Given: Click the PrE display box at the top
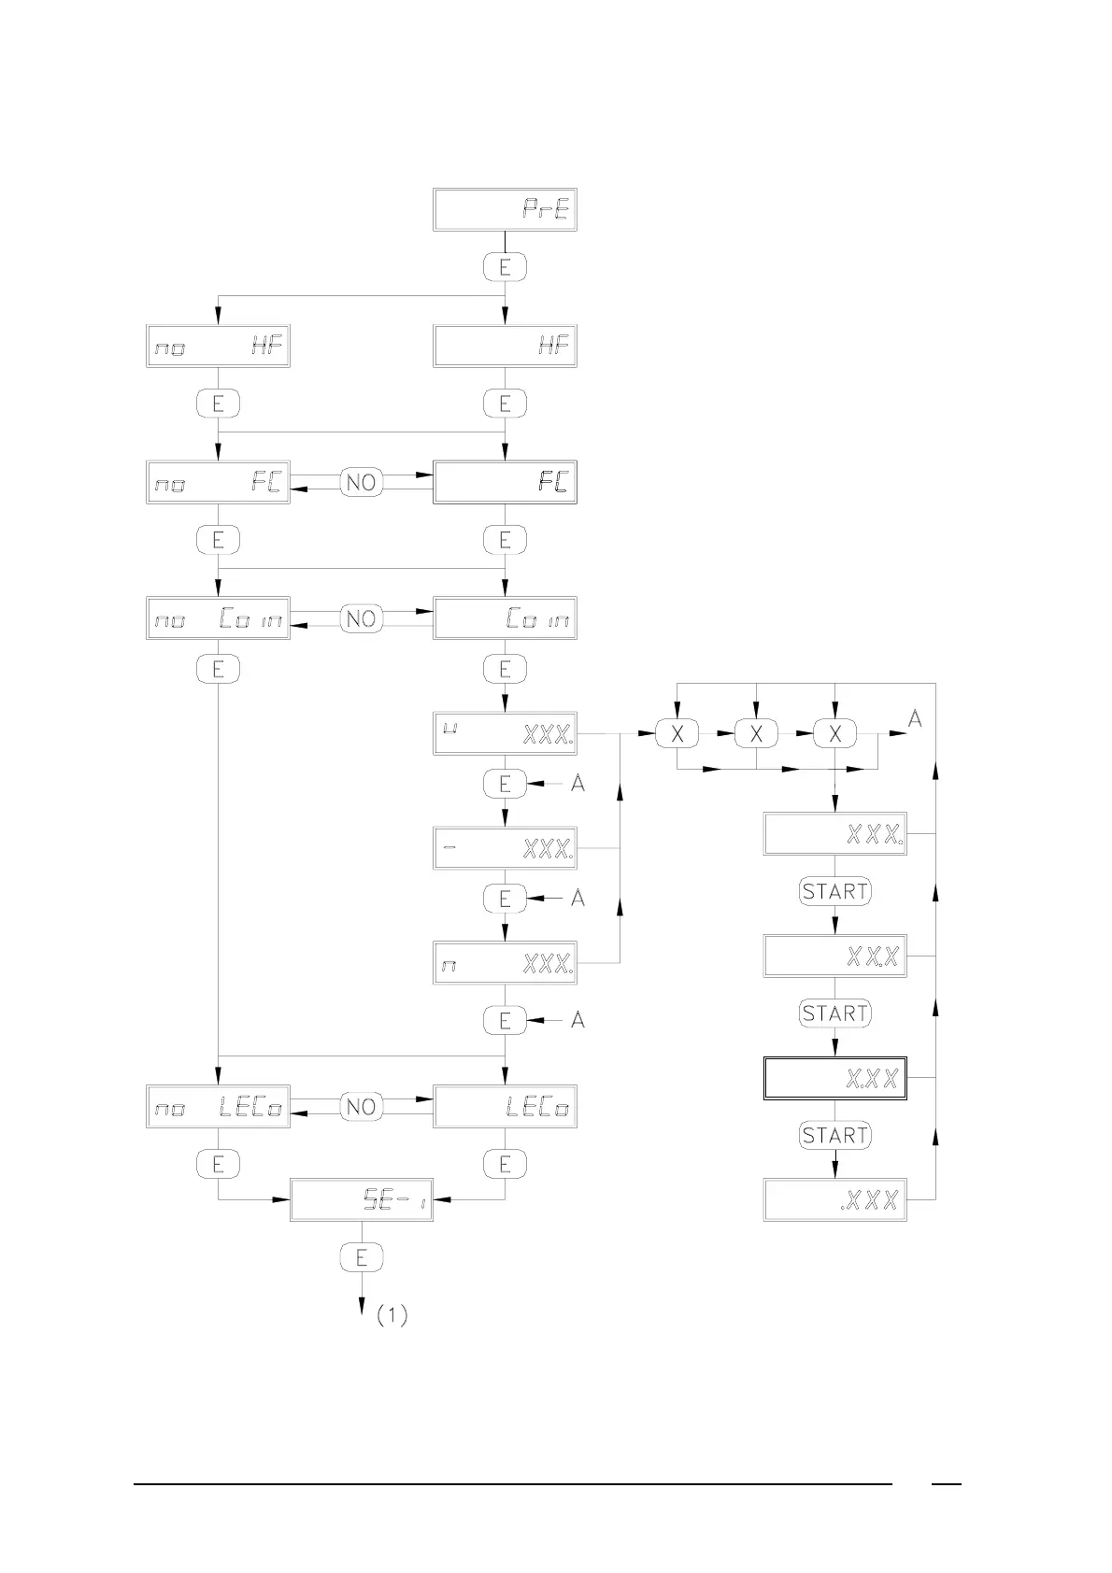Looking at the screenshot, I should pos(505,210).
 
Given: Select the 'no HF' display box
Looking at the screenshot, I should pos(218,347).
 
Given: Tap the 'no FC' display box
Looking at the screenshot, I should pos(218,482).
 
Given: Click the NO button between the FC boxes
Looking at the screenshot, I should pos(361,482).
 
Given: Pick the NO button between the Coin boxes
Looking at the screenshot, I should pos(361,618).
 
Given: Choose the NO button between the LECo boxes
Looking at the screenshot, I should pos(361,1107).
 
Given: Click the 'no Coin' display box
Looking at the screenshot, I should pos(218,618).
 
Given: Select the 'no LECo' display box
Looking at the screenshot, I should pos(218,1107).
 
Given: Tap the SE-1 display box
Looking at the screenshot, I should pos(362,1200).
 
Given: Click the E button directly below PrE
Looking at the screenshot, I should pos(505,268).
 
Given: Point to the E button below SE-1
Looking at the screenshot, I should pos(362,1257).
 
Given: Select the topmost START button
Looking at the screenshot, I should pos(835,891).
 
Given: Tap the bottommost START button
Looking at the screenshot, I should pos(835,1135).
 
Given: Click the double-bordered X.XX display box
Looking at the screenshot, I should pos(835,1078).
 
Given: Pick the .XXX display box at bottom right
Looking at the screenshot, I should pos(835,1200).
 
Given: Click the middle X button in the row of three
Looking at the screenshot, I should pos(756,734).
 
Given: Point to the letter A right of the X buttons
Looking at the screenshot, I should pos(916,718).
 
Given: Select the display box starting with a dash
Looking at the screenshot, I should pos(505,848).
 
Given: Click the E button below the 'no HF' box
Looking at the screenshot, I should pos(218,404).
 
